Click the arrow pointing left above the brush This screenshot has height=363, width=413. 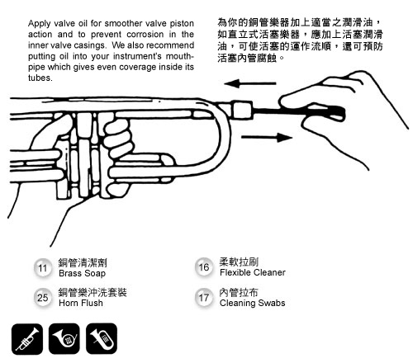pyautogui.click(x=250, y=83)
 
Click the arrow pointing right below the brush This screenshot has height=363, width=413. pyautogui.click(x=267, y=137)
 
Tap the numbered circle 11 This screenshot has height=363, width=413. pyautogui.click(x=43, y=268)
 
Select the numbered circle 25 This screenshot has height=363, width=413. pyautogui.click(x=43, y=298)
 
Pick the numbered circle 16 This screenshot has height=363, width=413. pyautogui.click(x=204, y=267)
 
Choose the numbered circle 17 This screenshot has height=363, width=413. pyautogui.click(x=204, y=298)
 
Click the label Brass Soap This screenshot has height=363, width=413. pyautogui.click(x=82, y=273)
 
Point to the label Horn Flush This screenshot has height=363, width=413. pyautogui.click(x=81, y=303)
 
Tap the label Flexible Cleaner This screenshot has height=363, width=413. pyautogui.click(x=253, y=272)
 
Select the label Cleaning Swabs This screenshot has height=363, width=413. pyautogui.click(x=252, y=303)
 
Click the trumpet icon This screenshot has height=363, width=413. pyautogui.click(x=27, y=339)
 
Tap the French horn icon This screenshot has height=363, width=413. pyautogui.click(x=64, y=339)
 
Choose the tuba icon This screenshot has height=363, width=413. pyautogui.click(x=102, y=339)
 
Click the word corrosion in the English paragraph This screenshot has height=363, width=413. pyautogui.click(x=145, y=35)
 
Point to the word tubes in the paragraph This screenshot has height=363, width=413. pyautogui.click(x=40, y=78)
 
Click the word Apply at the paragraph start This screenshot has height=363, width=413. pyautogui.click(x=39, y=24)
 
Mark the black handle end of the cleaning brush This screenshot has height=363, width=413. pyautogui.click(x=329, y=113)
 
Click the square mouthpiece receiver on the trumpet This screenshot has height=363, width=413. pyautogui.click(x=243, y=110)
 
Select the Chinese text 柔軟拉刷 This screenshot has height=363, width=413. pyautogui.click(x=239, y=262)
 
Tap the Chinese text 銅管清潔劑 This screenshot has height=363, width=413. pyautogui.click(x=83, y=263)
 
